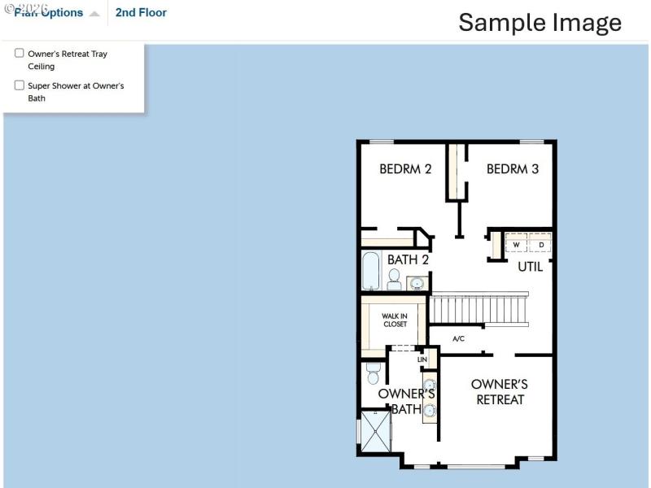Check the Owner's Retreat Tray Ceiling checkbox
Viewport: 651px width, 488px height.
point(20,54)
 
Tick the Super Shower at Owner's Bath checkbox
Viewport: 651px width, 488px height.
point(20,85)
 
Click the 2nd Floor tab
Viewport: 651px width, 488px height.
point(141,13)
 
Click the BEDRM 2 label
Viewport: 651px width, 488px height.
point(405,169)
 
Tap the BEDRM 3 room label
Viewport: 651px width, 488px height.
point(513,169)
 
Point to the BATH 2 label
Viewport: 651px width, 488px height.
point(408,259)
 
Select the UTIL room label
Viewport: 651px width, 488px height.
point(531,266)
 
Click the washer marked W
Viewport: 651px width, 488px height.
point(516,244)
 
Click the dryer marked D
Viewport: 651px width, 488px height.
point(541,244)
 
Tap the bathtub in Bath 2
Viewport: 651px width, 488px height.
point(370,271)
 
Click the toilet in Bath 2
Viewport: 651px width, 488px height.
point(394,280)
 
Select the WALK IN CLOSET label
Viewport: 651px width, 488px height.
point(395,320)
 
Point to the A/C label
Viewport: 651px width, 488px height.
point(458,338)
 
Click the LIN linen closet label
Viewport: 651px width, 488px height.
point(422,359)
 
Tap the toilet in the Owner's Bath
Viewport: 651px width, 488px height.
point(374,372)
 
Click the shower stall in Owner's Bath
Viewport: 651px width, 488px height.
point(376,431)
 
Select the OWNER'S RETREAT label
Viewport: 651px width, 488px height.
point(500,391)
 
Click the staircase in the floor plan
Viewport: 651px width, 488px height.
point(478,309)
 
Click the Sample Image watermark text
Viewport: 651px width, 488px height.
point(540,22)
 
